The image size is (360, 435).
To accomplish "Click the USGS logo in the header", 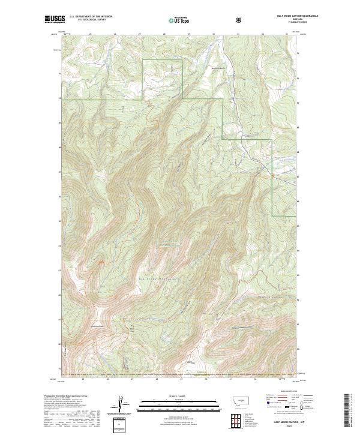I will click(x=52, y=20).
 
